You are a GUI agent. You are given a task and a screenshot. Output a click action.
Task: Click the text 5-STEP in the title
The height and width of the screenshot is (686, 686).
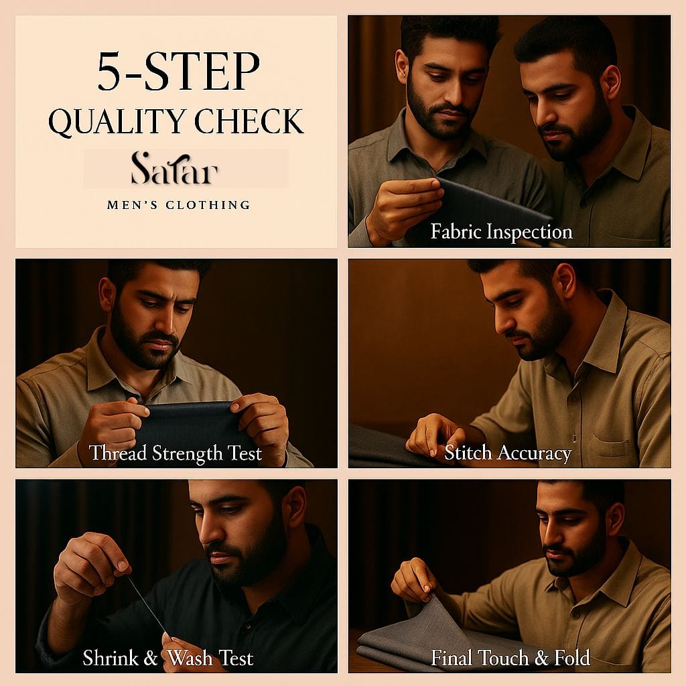click(178, 71)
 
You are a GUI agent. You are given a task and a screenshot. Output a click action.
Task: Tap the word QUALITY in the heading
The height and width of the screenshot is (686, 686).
click(117, 121)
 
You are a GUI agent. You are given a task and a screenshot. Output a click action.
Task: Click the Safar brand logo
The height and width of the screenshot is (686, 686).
click(175, 168)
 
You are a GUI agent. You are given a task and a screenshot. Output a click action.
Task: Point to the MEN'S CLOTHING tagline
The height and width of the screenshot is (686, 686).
click(178, 205)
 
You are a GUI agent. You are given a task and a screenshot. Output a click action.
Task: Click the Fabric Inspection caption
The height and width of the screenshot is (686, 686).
click(501, 231)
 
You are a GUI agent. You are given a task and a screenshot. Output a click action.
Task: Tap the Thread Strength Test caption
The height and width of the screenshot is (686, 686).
click(176, 454)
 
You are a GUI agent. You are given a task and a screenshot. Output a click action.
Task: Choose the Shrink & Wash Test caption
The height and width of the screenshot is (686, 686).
click(168, 658)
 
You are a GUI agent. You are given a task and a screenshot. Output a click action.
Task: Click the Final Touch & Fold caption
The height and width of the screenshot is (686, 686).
click(510, 658)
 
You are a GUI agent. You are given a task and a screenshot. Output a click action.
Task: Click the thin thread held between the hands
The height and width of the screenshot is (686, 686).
click(147, 605)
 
